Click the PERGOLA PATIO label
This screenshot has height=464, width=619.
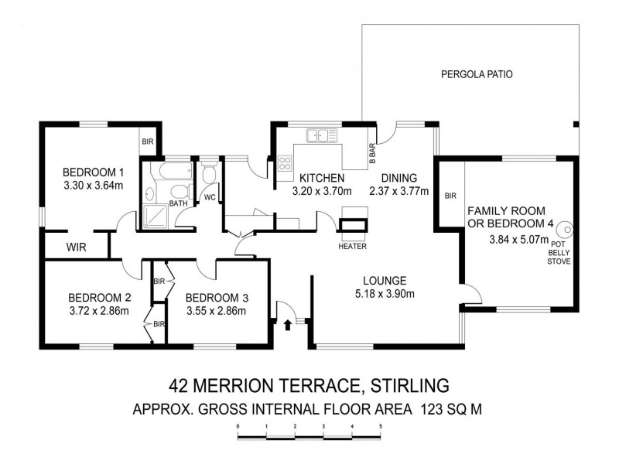[x=477, y=75]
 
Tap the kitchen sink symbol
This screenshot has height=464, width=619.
[x=322, y=136]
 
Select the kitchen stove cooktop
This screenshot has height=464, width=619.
[x=284, y=163]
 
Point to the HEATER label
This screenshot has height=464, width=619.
[x=352, y=246]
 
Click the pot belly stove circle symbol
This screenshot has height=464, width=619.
[x=567, y=230]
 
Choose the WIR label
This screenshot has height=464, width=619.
[x=75, y=247]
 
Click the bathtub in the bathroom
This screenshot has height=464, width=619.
[x=165, y=169]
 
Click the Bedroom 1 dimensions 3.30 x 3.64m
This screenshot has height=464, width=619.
[x=93, y=186]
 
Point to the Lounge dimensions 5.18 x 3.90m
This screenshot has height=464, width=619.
[x=385, y=293]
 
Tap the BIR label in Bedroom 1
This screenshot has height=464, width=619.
[x=147, y=142]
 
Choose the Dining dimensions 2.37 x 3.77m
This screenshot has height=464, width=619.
[x=398, y=191]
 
